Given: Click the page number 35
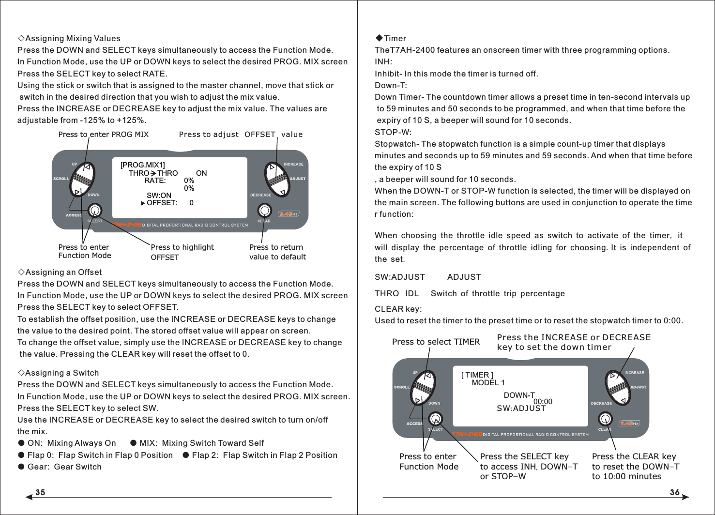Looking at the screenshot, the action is (x=40, y=492).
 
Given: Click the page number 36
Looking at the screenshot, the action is (x=674, y=492).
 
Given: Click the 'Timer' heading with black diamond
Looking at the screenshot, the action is (x=391, y=38).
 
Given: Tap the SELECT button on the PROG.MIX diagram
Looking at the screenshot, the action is (x=95, y=210).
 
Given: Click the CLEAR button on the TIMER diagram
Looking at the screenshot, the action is (x=605, y=419).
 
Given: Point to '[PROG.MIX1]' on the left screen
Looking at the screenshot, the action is (x=142, y=165).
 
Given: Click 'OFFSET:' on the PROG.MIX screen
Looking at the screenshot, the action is (x=162, y=203).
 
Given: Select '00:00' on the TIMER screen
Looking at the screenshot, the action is (x=543, y=402).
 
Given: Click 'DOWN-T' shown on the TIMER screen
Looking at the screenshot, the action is (x=519, y=395).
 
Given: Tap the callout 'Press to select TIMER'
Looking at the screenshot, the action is (x=436, y=342).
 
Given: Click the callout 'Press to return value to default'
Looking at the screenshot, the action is (x=277, y=252).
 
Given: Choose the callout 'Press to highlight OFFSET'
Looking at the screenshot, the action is (x=182, y=252).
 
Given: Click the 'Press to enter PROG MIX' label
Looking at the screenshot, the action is (x=103, y=134).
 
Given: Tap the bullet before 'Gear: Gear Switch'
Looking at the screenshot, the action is (x=21, y=467).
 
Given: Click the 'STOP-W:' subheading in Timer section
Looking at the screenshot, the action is (x=393, y=132).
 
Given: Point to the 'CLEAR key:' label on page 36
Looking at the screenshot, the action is (x=398, y=309).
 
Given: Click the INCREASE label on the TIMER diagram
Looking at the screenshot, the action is (x=634, y=373).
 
